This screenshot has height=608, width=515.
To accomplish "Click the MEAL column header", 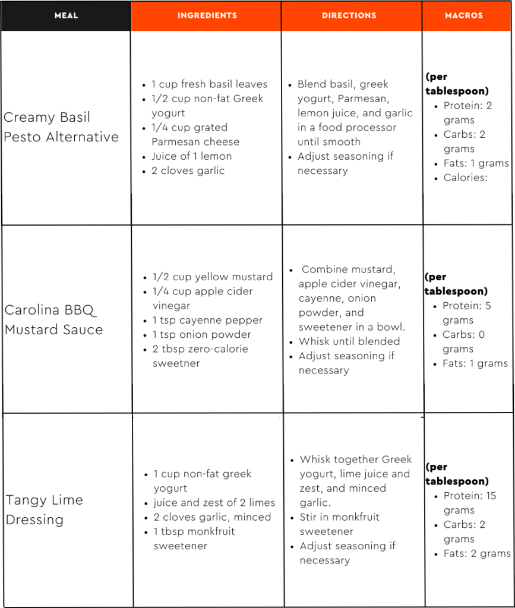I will click(66, 15).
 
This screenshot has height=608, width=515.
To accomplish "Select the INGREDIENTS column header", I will click(207, 15).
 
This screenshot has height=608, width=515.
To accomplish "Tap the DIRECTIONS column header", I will click(349, 15).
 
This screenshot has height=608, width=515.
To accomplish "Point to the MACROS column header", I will click(464, 15).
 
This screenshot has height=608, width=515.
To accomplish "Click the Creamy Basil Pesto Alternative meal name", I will click(61, 127).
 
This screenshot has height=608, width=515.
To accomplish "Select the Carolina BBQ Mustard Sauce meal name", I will click(53, 320).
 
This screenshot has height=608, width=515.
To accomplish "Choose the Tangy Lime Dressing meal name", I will click(45, 509).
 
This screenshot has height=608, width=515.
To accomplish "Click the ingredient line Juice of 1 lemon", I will click(191, 156).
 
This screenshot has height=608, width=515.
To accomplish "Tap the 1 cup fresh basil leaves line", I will click(209, 84).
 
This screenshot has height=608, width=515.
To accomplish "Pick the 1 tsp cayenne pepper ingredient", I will click(207, 320).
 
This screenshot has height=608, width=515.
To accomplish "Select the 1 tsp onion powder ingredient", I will click(202, 334).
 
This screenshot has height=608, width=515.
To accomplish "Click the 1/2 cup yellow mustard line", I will click(213, 277).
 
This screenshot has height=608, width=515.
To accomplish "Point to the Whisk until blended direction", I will click(349, 341).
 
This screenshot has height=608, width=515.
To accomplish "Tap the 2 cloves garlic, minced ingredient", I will click(212, 517).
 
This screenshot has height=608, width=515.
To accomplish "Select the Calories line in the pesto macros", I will click(465, 178).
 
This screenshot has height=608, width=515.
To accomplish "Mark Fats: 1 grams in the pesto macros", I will click(476, 163).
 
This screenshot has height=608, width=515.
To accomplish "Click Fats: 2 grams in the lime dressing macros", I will click(476, 553).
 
